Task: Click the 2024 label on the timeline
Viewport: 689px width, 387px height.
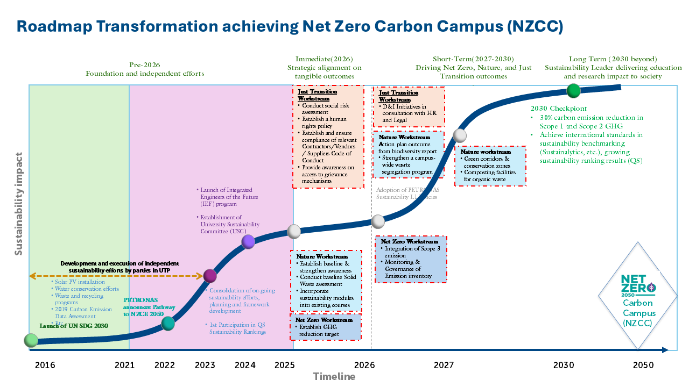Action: (245, 365)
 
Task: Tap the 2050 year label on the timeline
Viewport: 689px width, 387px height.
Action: (643, 365)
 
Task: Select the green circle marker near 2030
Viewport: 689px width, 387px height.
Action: (574, 91)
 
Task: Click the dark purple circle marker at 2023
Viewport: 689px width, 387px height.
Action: (210, 276)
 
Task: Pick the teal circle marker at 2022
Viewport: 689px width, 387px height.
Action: (168, 323)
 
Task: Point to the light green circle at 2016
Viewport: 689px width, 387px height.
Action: (31, 340)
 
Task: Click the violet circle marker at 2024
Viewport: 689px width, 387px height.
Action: (248, 241)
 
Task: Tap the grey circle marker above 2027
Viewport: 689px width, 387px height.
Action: (460, 135)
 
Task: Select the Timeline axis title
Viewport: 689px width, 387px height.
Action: (334, 376)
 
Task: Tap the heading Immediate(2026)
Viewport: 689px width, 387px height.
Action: (324, 59)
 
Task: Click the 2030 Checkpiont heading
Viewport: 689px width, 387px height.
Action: (559, 109)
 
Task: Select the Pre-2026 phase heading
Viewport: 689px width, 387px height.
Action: (144, 64)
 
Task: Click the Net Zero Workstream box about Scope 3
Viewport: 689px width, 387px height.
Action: (411, 259)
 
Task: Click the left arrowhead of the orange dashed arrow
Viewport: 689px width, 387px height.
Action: (32, 276)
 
